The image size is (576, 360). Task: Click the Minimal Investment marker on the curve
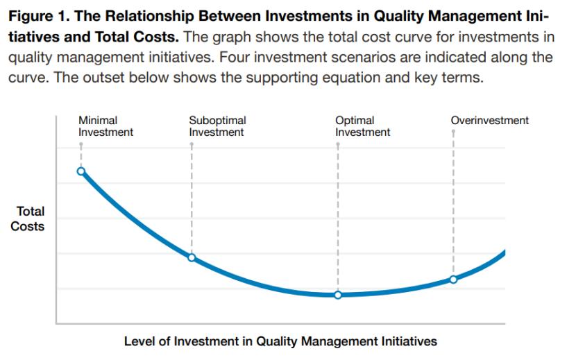[x=81, y=171]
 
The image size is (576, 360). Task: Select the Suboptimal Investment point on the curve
[x=192, y=257]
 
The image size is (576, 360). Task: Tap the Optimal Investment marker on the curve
[x=338, y=295]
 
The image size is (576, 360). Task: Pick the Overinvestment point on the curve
[x=453, y=280]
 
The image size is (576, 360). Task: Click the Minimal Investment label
[x=105, y=126]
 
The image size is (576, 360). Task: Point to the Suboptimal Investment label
[x=217, y=126]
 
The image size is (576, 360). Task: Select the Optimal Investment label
[x=362, y=126]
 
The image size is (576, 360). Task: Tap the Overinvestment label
[x=490, y=121]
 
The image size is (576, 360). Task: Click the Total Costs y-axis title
[x=28, y=218]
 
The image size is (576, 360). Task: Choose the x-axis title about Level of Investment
[x=280, y=341]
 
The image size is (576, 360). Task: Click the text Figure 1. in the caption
[x=40, y=17]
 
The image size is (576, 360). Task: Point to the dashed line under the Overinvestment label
[x=453, y=203]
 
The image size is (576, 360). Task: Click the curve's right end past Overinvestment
[x=505, y=252]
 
